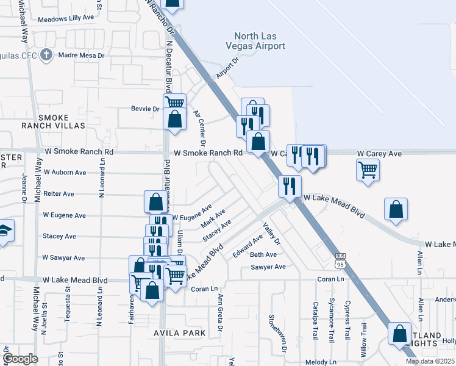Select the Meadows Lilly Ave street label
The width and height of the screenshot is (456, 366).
pos(66,18)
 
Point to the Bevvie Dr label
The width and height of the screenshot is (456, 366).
pos(145,109)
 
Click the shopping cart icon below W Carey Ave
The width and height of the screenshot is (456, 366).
pos(368,170)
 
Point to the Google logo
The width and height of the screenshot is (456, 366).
pos(20,358)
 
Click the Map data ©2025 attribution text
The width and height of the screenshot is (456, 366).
pos(429,361)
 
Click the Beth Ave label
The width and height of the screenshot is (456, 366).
pos(263,254)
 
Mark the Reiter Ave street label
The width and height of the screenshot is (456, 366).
pos(59,194)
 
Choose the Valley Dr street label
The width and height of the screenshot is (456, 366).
pos(271,233)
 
